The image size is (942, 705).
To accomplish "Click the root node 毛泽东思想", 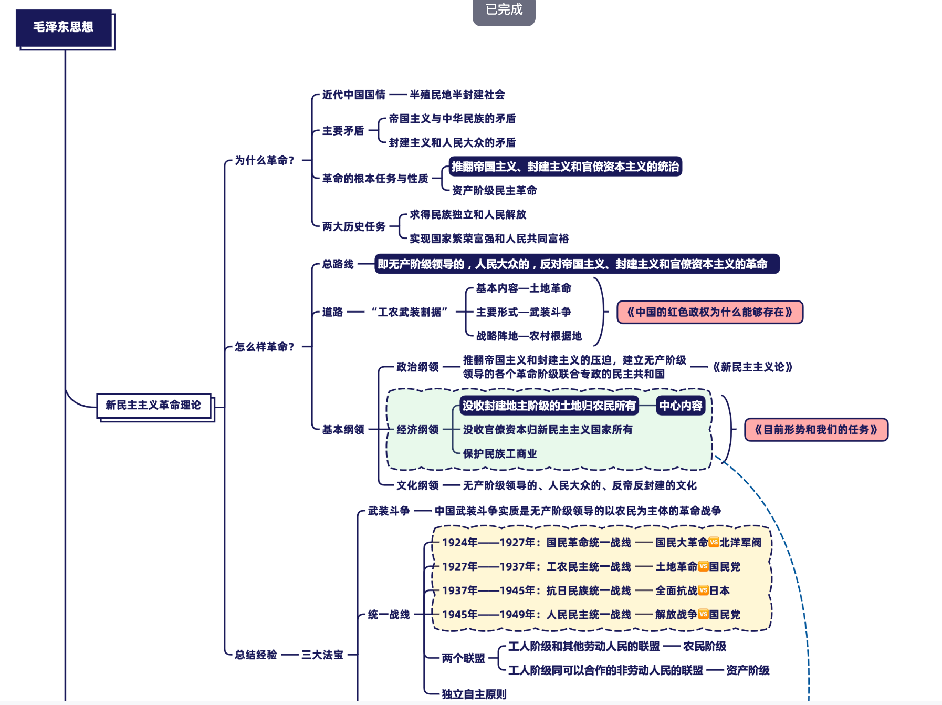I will pos(64,27).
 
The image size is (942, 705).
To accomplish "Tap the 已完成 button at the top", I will pos(504,11).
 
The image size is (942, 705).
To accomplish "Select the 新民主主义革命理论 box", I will pos(154,405).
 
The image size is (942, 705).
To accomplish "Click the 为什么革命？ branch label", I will pos(264,160).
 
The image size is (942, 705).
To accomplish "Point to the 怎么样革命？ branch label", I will pos(264,347).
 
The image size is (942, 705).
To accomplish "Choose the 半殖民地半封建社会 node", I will pos(457,95).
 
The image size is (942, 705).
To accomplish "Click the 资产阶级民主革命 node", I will pos(494,191).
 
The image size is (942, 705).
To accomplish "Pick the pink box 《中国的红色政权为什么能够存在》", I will pos(709,312).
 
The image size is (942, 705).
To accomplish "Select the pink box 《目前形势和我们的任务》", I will pos(816,430).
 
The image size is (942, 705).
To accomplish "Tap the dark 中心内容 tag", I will pos(681,406).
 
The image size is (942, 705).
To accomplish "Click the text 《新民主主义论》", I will pos(752,367).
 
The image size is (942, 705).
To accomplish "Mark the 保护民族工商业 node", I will pos(500,454).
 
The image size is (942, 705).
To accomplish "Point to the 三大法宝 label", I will pos(322,655).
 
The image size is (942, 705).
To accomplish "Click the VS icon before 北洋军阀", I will pos(714,542).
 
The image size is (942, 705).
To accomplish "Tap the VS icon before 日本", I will pos(704,590).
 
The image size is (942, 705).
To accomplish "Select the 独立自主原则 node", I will pos(474,694).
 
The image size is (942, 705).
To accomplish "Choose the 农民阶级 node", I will pos(705,647).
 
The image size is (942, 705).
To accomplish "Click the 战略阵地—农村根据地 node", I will pos(529,336).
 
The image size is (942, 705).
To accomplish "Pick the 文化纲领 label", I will pos(417,485).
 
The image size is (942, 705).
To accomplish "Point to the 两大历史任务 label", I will pos(354,226).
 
